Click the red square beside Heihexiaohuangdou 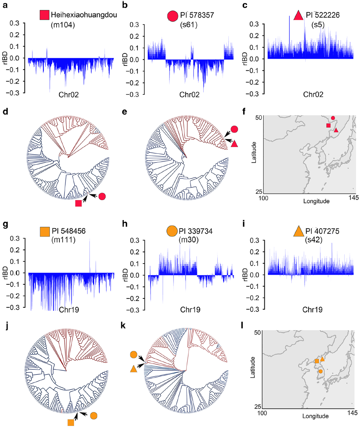click(x=44, y=16)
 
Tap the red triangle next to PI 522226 click(x=298, y=16)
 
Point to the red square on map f click(x=328, y=126)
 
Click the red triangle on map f click(x=336, y=130)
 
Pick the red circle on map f click(x=333, y=118)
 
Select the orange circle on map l click(x=320, y=372)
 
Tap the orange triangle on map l click(x=322, y=359)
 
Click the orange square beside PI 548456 click(x=44, y=231)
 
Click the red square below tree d click(x=78, y=203)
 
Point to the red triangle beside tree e click(x=235, y=143)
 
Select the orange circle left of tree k click(x=134, y=355)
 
